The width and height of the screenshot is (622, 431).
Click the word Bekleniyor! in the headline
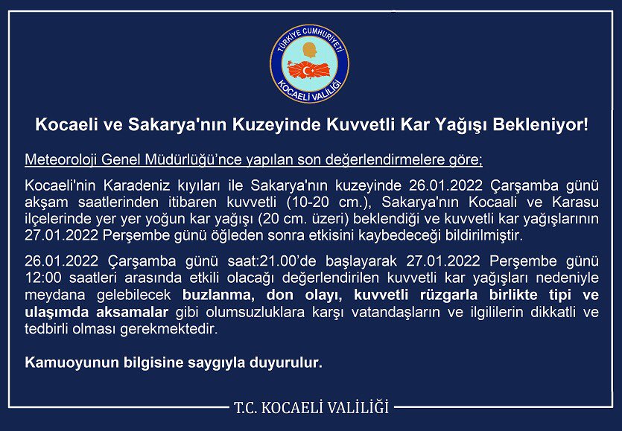pos(547,124)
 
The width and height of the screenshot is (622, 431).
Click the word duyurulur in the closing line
pos(287,363)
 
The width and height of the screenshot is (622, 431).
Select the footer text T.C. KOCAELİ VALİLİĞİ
pos(311,407)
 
